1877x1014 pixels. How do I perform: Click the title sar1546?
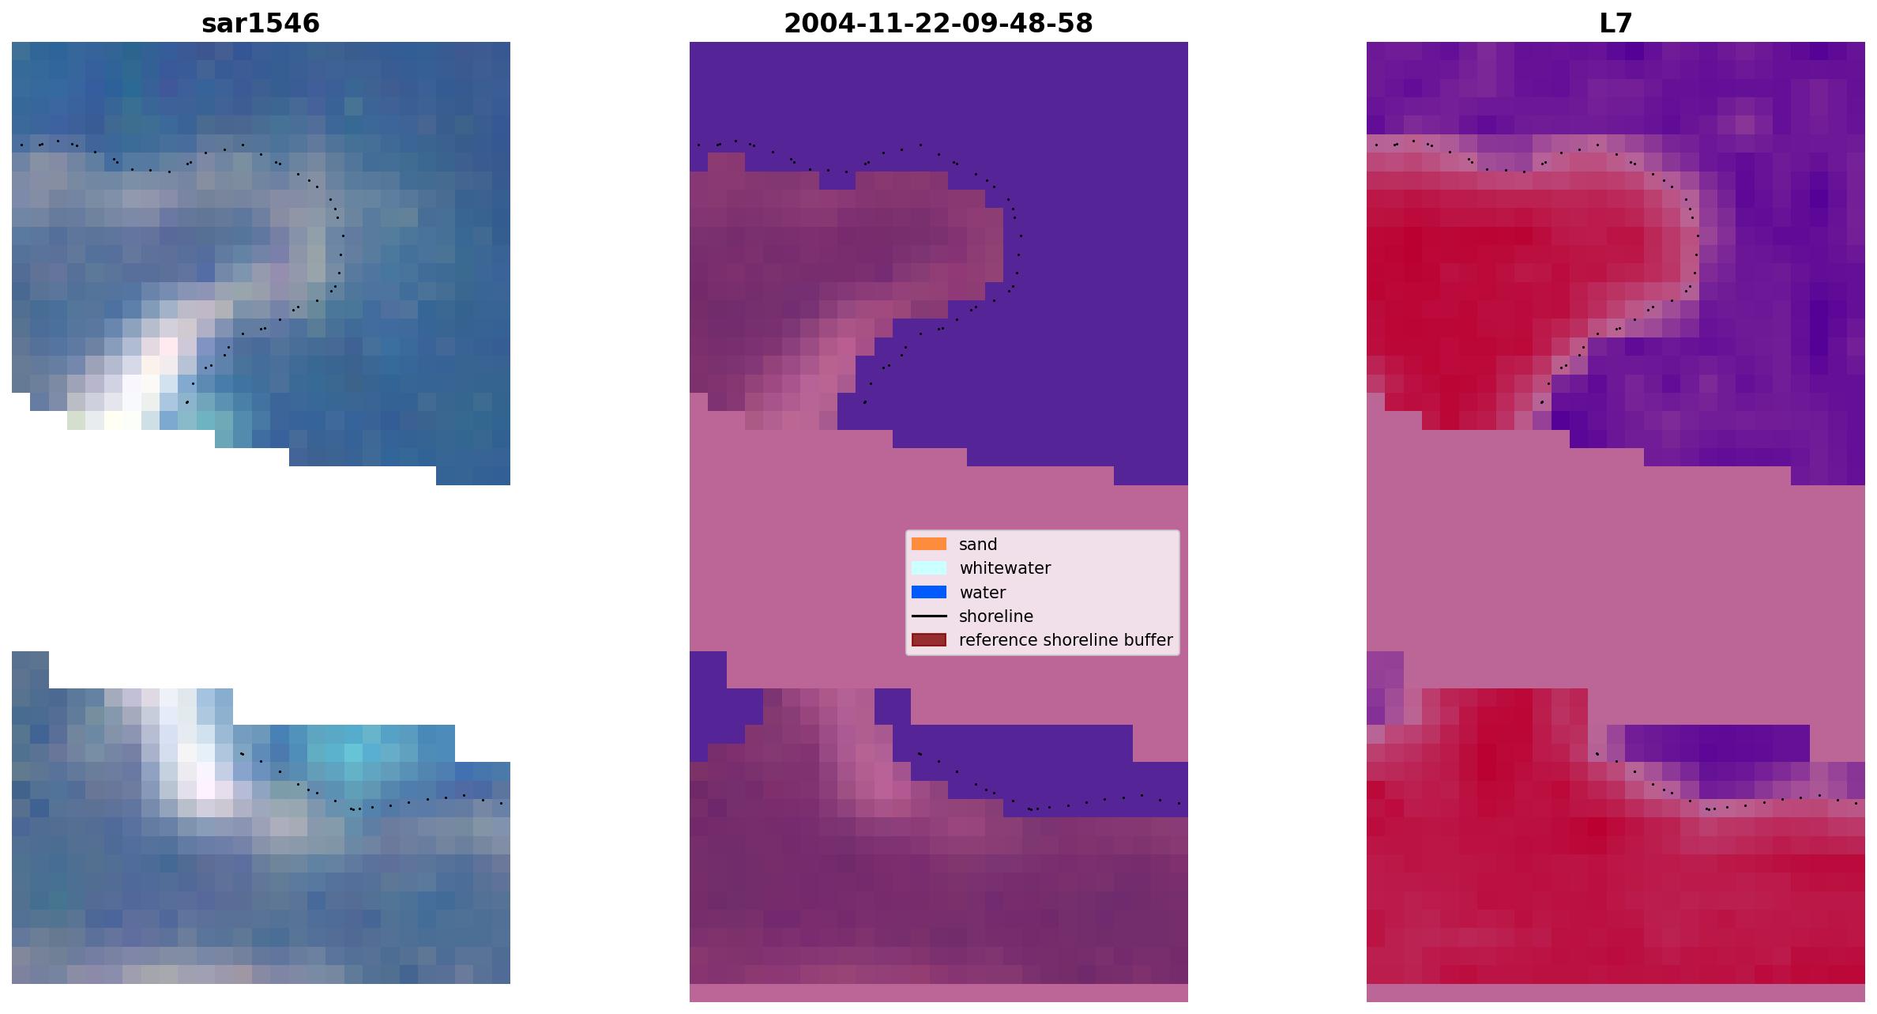pos(261,24)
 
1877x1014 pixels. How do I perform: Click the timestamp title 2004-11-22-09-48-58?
pos(938,24)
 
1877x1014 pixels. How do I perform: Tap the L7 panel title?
pos(1616,24)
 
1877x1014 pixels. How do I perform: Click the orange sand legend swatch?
pos(929,544)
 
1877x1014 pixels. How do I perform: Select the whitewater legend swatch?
pos(929,568)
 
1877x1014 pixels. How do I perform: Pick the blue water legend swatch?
pos(929,592)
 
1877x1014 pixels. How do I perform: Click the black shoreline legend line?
pos(929,616)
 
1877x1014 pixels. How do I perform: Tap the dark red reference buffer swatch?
pos(929,640)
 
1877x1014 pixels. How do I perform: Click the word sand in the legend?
pos(978,545)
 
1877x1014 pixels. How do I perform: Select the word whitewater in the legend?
pos(1005,568)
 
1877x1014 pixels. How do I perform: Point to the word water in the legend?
pos(983,593)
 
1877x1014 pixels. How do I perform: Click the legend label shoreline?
pos(996,616)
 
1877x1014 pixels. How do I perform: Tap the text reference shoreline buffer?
pos(1066,640)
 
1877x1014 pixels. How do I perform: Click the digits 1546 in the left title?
pos(290,24)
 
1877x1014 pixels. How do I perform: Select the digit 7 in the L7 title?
pos(1624,24)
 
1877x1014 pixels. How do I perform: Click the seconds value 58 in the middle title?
pos(1078,24)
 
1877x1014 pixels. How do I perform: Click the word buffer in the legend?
pos(1146,640)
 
